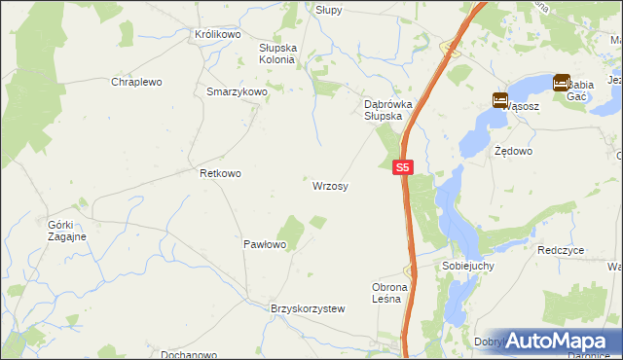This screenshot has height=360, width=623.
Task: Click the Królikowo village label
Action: tap(217, 34)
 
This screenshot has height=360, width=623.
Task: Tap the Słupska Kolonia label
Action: tap(276, 53)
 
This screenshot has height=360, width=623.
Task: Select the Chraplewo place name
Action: tap(135, 83)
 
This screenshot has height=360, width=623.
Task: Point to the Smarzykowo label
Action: tap(237, 91)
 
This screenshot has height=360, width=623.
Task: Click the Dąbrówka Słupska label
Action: tap(383, 109)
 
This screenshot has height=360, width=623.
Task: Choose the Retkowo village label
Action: tap(220, 173)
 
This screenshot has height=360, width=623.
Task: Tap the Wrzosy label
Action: tap(331, 185)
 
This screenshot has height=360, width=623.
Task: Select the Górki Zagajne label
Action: tap(66, 231)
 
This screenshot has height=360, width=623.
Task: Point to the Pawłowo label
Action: tap(264, 244)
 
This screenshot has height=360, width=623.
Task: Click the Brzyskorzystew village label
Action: tap(308, 308)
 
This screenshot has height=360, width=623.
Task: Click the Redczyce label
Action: tap(561, 250)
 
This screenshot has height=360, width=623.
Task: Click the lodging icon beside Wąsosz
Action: tap(499, 99)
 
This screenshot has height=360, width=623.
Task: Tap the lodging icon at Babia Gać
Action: tap(563, 83)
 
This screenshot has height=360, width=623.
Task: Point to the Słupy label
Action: tap(328, 9)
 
